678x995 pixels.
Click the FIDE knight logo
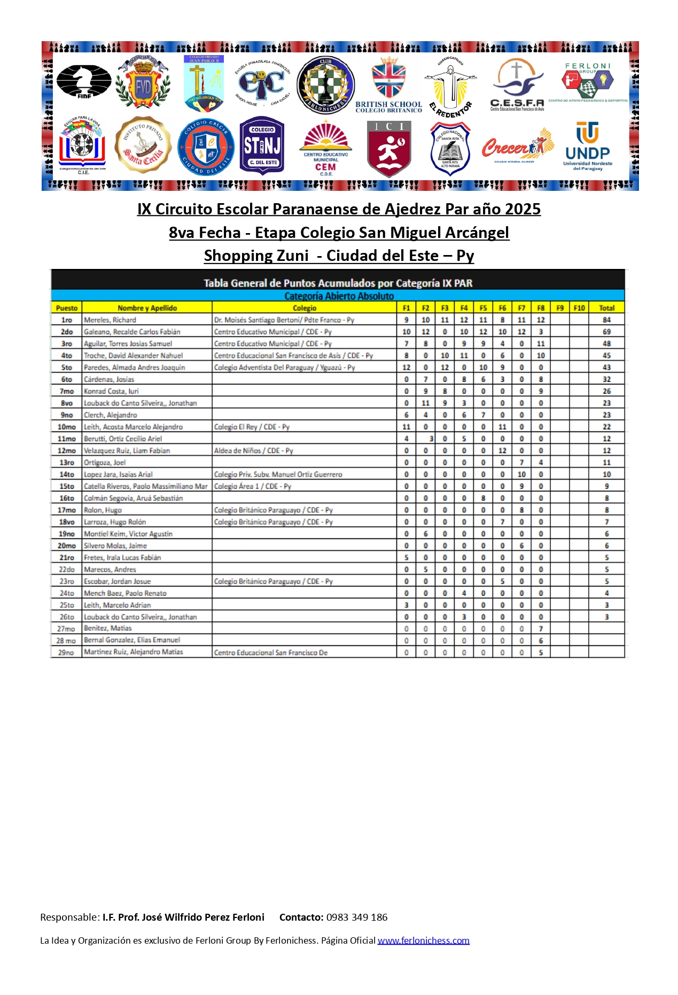[83, 81]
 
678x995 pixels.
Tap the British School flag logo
[389, 84]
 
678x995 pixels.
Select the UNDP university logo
[588, 146]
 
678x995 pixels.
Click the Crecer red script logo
[517, 146]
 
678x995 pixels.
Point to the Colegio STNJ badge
[262, 145]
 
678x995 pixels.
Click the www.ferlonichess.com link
[423, 940]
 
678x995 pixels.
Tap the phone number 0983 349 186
[357, 917]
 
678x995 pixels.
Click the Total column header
[606, 308]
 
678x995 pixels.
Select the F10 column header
[579, 308]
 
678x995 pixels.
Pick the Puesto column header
[67, 308]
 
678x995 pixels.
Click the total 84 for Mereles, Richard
[606, 320]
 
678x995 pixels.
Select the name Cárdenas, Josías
[109, 379]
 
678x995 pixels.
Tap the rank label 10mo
[67, 427]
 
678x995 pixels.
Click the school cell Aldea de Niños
[254, 451]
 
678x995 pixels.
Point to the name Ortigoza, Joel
[105, 462]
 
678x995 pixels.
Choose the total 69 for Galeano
[606, 331]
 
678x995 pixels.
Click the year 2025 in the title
[523, 209]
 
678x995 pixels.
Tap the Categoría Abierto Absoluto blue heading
[339, 296]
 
